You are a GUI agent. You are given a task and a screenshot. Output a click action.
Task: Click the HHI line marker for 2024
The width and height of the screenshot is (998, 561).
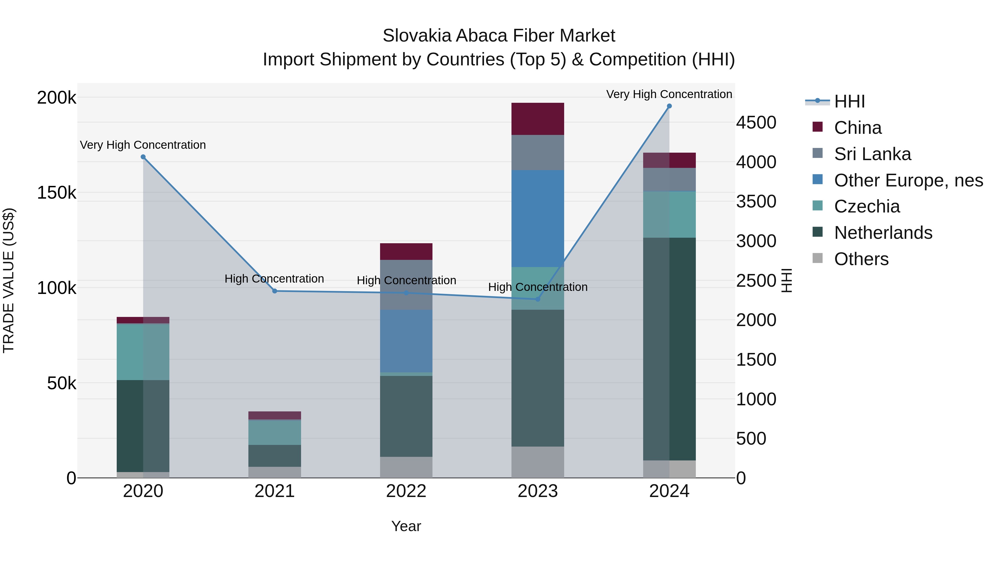coord(669,106)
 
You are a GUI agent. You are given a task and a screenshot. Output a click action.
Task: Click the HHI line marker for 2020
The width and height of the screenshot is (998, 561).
coord(143,157)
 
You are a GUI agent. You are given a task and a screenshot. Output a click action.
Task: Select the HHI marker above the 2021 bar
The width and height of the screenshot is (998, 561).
coord(275,291)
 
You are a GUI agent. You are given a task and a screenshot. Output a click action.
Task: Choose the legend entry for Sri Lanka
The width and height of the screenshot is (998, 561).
coord(872,154)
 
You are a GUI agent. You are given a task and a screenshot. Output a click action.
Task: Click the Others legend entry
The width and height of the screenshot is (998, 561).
coord(861,259)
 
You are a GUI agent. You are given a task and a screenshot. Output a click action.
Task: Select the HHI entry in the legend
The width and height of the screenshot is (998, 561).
coord(849,101)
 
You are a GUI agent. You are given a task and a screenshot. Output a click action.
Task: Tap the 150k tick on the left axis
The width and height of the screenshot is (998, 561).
coord(57,193)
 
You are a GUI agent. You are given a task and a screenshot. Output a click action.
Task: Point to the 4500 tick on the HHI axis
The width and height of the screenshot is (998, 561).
coord(756,123)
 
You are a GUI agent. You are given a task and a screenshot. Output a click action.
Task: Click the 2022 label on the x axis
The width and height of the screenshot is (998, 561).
coord(406,491)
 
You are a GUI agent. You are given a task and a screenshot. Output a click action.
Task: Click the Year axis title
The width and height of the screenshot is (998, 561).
coord(406,526)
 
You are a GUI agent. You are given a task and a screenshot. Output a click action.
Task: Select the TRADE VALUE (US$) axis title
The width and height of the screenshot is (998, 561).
coord(9,280)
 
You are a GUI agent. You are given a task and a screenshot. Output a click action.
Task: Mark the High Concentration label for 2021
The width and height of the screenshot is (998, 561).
coord(274,279)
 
